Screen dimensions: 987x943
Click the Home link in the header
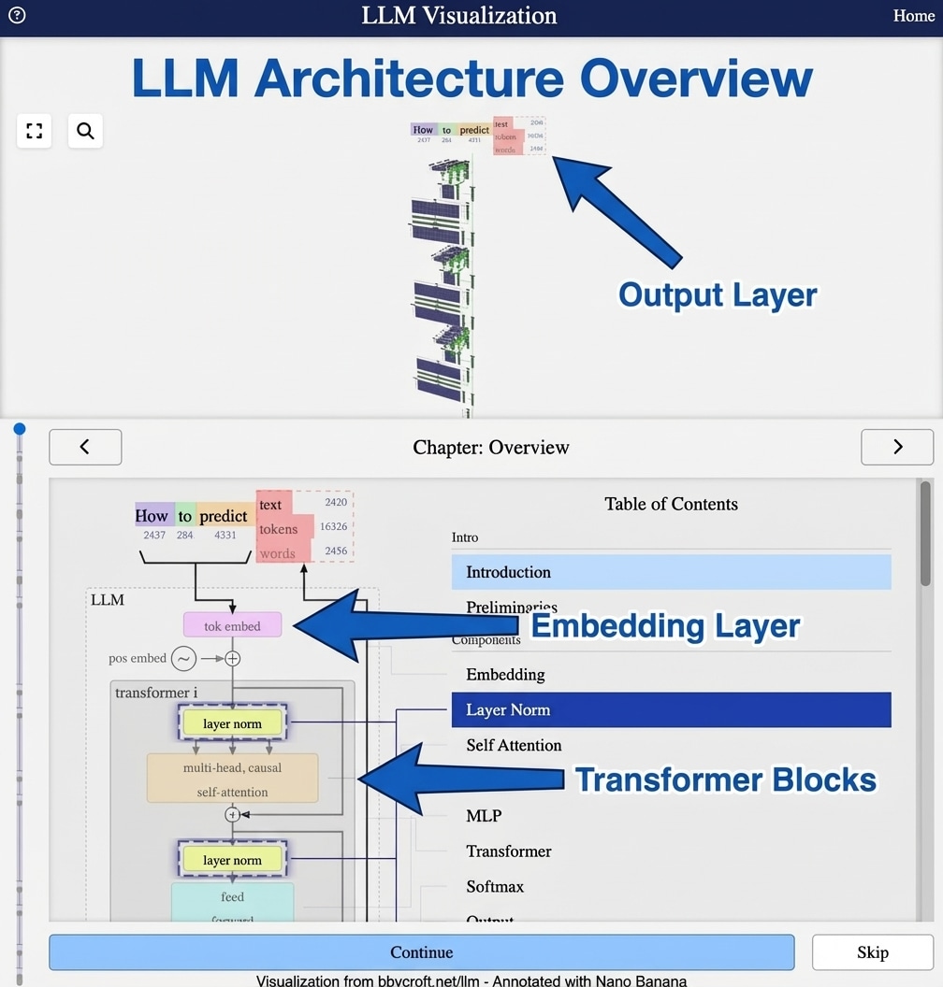point(913,16)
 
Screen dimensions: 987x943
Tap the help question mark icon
point(16,15)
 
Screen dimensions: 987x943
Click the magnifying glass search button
point(85,131)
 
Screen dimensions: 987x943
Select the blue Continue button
point(421,952)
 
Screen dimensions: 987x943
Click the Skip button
point(872,952)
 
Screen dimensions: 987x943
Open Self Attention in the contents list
point(514,745)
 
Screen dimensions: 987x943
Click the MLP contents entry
point(484,816)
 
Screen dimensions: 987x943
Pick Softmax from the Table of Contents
point(495,886)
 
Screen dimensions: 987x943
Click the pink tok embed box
point(232,625)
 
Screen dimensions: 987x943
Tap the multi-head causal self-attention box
point(232,779)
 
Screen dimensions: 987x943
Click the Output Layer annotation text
point(718,295)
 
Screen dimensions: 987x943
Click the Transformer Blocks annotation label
point(725,780)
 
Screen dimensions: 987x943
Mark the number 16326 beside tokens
point(333,527)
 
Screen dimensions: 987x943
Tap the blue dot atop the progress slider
point(20,429)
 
